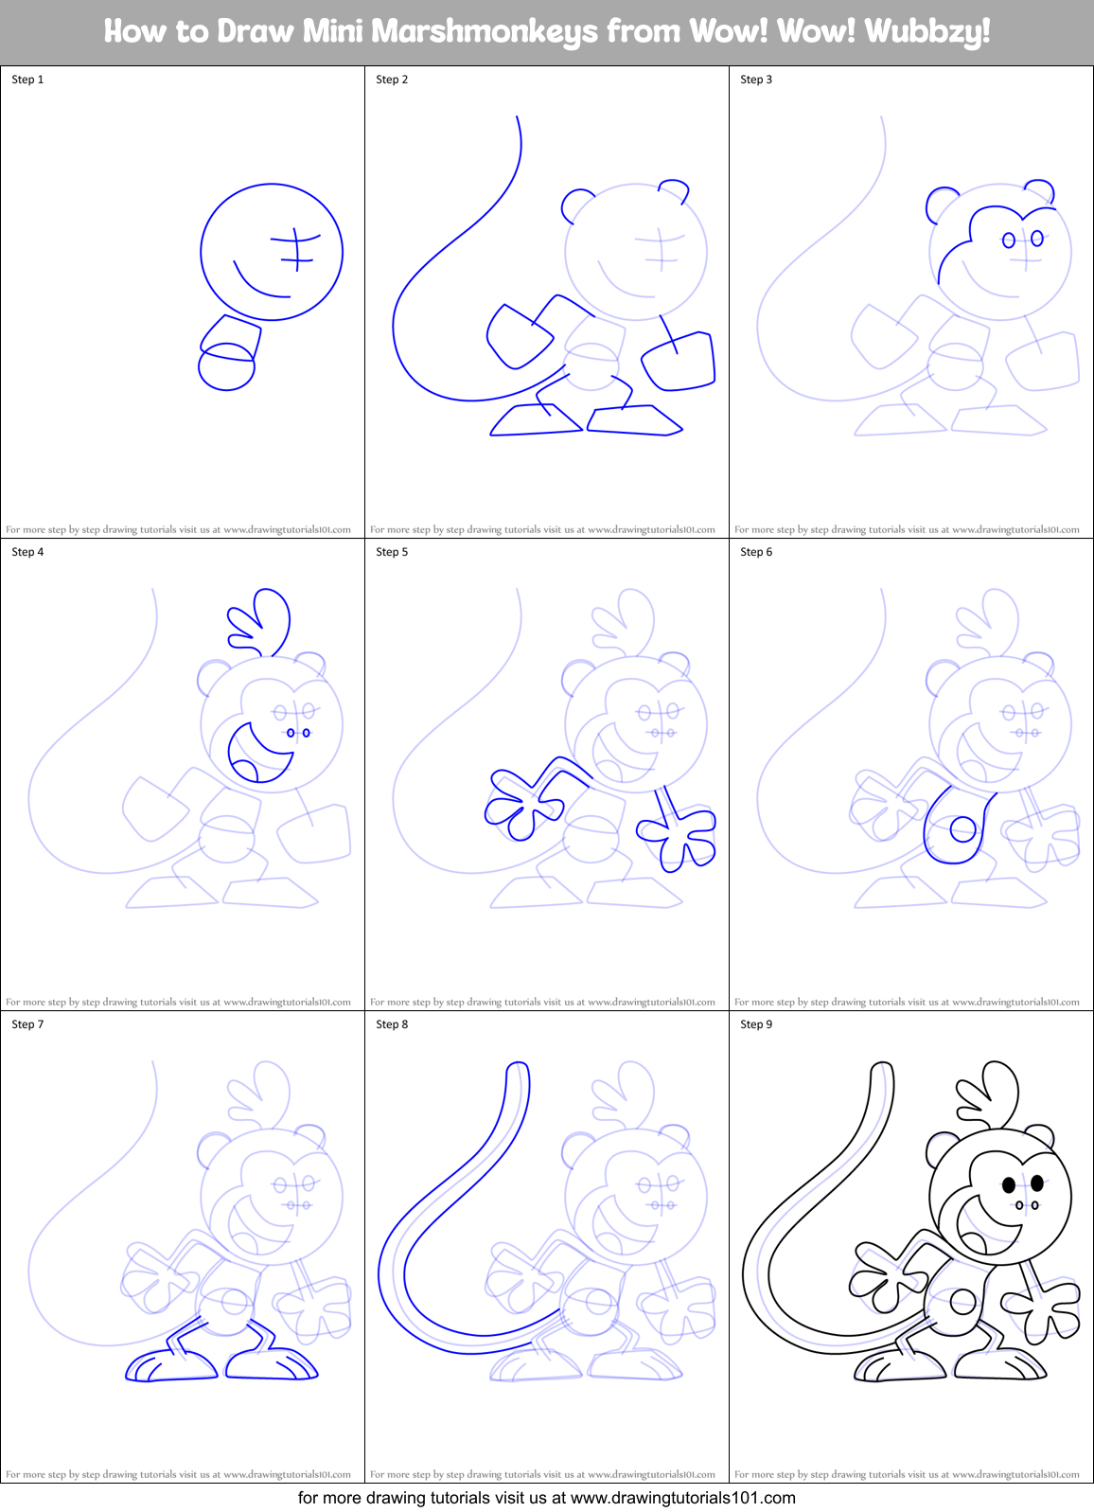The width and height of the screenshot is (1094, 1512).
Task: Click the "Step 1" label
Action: [x=27, y=80]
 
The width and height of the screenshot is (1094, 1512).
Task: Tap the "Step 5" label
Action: [x=392, y=552]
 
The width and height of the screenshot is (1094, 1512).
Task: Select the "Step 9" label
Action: [x=756, y=1024]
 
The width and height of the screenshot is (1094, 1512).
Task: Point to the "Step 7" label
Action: [x=27, y=1024]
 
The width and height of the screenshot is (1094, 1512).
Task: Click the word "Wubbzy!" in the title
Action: [x=927, y=31]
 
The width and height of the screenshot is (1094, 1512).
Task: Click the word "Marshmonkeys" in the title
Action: [x=485, y=31]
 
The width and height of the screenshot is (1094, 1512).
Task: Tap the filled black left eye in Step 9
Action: [x=1009, y=1184]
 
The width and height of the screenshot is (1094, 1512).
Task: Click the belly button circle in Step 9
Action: [x=962, y=1303]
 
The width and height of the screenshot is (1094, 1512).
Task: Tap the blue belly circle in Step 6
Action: [x=962, y=831]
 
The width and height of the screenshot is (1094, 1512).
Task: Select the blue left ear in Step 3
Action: [x=942, y=204]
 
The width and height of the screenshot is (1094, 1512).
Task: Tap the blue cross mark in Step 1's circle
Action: [x=295, y=249]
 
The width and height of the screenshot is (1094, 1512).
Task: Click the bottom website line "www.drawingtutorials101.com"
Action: [x=682, y=1498]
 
